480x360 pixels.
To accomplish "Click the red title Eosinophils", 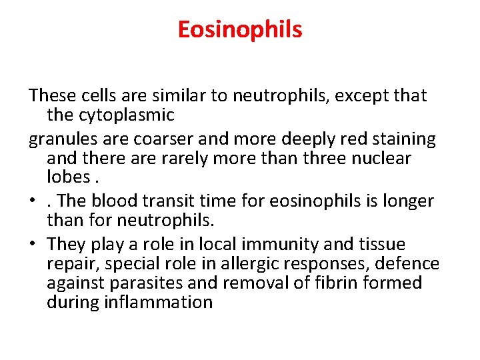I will [x=240, y=29].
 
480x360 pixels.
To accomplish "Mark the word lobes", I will [x=69, y=178].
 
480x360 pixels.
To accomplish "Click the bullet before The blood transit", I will [x=33, y=201].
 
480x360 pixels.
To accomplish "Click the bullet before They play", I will [x=33, y=245].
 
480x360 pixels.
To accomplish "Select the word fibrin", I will [x=324, y=283].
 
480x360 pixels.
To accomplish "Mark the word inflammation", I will [x=159, y=303].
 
